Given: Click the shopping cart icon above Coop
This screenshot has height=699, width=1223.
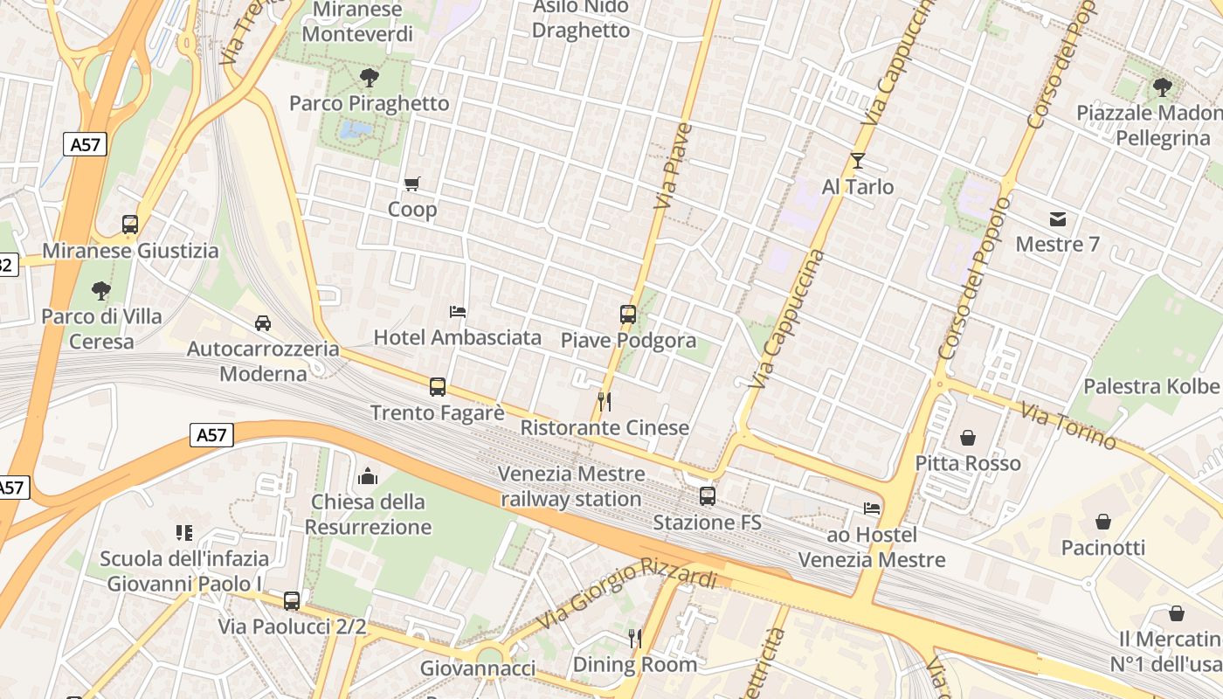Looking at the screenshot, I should tap(411, 183).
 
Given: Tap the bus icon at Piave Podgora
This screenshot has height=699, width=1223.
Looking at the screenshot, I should tap(627, 315).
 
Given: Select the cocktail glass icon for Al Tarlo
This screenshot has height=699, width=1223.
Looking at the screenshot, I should tap(857, 161).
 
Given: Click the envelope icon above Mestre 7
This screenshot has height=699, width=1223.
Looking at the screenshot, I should tap(1057, 218).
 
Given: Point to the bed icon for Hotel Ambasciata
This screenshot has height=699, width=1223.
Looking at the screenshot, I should tap(457, 312).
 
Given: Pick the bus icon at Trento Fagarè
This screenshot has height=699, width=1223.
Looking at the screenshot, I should tap(437, 386).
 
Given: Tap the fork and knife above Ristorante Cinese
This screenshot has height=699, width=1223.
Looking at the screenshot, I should tap(604, 401).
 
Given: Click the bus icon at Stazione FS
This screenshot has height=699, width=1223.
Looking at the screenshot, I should tap(707, 496).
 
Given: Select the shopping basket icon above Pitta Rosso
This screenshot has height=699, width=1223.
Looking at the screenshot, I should tap(967, 437).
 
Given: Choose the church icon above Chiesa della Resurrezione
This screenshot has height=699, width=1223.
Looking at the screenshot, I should tap(368, 476).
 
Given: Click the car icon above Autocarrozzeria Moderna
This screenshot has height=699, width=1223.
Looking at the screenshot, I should tap(262, 323).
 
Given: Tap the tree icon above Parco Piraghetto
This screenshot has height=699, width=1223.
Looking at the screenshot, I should tap(369, 78).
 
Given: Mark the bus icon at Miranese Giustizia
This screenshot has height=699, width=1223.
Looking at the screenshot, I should tap(130, 225).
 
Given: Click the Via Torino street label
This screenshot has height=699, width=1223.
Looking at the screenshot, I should tap(1068, 425).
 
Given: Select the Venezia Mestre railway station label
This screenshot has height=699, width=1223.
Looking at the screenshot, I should tap(571, 487).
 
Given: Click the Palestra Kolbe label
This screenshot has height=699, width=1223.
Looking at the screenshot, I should tap(1150, 386).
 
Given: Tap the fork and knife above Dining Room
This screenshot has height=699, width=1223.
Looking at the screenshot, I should tap(635, 639).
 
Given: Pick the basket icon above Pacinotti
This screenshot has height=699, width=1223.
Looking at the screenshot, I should tap(1103, 522).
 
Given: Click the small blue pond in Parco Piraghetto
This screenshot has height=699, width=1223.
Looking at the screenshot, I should tap(356, 131).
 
